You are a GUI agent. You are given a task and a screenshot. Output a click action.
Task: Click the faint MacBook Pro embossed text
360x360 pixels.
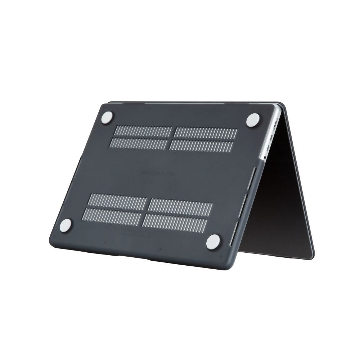click(x=159, y=173)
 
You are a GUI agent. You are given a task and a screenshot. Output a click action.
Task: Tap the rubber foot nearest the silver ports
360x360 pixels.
click(x=253, y=120)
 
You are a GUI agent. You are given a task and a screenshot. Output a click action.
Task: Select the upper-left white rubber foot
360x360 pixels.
click(x=107, y=118)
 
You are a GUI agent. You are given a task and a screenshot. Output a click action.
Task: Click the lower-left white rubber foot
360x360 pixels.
click(x=66, y=225)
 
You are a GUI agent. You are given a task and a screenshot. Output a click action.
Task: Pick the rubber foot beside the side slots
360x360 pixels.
click(x=213, y=242)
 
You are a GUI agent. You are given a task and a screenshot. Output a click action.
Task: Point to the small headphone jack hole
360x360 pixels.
click(x=265, y=157)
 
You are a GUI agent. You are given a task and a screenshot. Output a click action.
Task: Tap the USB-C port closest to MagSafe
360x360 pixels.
click(x=273, y=136)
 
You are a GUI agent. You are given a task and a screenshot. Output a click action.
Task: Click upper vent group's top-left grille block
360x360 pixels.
click(x=143, y=131)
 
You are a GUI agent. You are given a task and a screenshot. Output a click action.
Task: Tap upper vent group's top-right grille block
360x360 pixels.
click(x=206, y=133)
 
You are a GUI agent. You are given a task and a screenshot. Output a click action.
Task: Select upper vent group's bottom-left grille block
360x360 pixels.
click(x=139, y=144)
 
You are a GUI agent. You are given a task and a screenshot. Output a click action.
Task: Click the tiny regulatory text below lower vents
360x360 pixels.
click(x=137, y=233)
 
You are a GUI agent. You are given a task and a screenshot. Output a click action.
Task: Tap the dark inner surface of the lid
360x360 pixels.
click(x=281, y=202)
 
